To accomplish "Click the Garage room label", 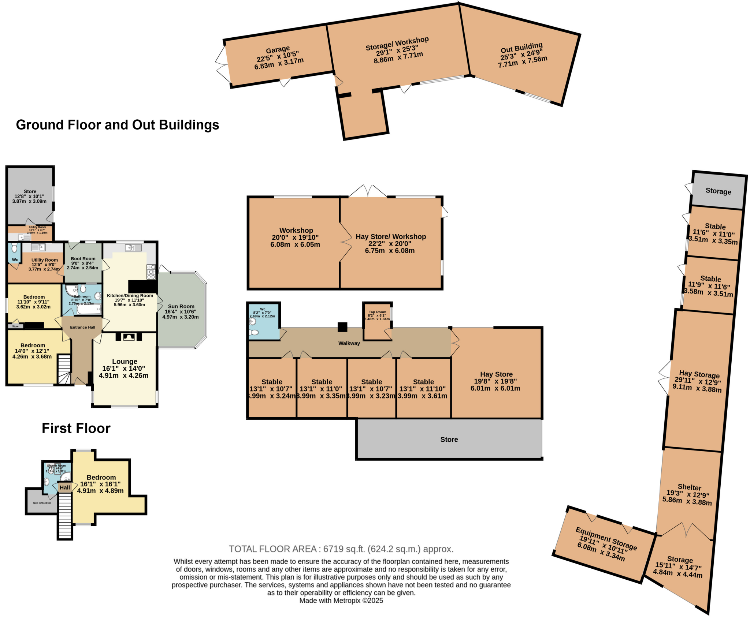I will click(278, 50).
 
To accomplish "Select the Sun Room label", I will click(181, 307).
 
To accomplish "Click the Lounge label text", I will click(125, 362).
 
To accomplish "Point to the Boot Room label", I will click(83, 259).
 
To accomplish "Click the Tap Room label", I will click(377, 312).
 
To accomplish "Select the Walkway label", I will click(349, 343).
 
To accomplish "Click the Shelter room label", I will click(689, 487).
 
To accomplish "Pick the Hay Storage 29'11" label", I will click(699, 374).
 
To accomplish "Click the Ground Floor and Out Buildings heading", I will click(118, 125).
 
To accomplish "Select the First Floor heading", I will click(76, 428).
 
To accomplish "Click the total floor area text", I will click(341, 549).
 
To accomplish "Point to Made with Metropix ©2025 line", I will click(341, 601).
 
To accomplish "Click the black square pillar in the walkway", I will click(342, 327).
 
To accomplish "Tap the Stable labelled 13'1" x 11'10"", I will click(423, 382).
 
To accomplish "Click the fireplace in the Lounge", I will click(129, 337).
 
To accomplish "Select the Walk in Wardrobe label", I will click(42, 503).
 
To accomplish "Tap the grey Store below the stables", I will click(449, 440).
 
